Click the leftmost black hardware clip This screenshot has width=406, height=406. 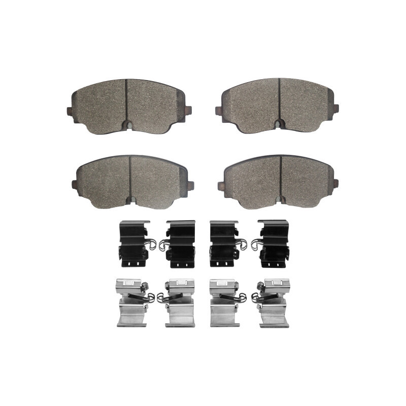[133, 244]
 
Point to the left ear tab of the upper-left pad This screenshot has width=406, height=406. [70, 111]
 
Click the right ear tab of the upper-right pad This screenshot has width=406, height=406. [335, 108]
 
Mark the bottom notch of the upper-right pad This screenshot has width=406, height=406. [279, 124]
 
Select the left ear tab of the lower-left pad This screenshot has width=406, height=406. [75, 184]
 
